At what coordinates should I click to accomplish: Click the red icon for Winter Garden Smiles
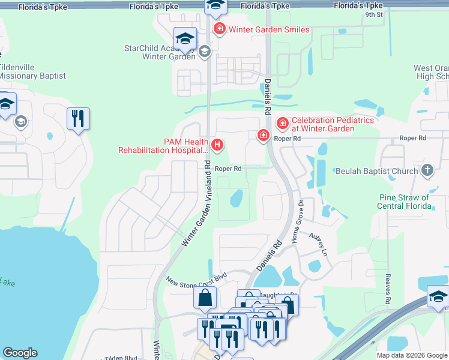coord(220,29)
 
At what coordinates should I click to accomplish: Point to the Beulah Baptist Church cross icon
coord(427,171)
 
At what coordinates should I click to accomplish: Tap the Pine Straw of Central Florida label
coord(405,202)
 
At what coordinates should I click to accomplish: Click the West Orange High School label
coord(432,73)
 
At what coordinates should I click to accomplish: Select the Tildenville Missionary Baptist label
coord(32,72)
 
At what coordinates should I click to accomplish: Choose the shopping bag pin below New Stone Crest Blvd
coord(205,297)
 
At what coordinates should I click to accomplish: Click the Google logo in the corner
coord(20,353)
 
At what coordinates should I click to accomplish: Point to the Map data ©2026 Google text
coord(412,355)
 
